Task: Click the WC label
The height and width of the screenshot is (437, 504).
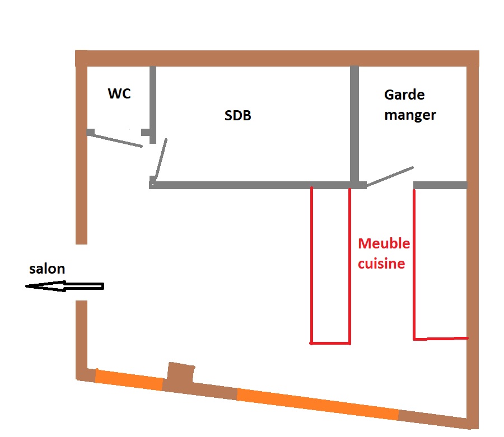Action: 119,93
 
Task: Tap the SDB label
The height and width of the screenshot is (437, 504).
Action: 238,116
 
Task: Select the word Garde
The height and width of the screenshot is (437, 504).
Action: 404,95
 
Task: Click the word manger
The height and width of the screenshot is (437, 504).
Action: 410,115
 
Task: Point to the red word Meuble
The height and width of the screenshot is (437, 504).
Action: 384,243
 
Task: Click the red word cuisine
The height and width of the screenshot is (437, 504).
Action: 381,264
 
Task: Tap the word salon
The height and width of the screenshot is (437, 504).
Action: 48,269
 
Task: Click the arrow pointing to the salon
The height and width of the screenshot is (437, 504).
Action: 64,286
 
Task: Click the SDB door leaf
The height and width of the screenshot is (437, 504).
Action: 160,158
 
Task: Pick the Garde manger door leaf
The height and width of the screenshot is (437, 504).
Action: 390,176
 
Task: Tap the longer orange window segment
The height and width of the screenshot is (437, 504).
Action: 318,405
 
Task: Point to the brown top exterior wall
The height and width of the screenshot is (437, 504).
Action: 277,58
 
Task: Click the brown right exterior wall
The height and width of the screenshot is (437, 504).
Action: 473,241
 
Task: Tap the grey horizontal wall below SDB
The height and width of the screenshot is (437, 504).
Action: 252,185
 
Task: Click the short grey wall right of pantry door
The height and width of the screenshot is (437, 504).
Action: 440,185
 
